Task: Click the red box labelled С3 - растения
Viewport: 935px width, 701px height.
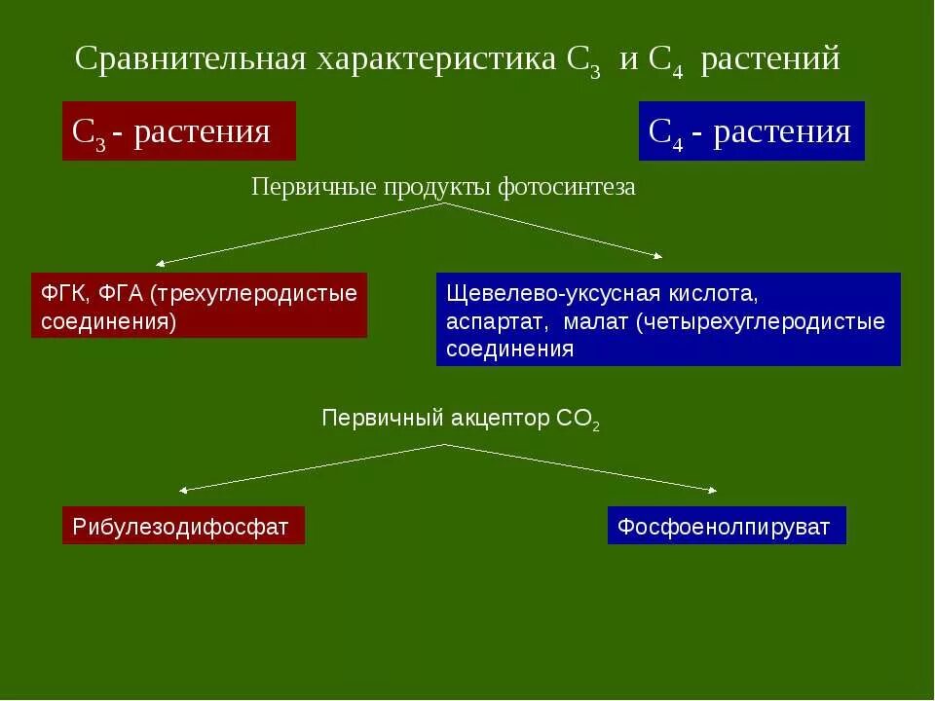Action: pyautogui.click(x=178, y=131)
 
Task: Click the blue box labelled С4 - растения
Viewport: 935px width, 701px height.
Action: pyautogui.click(x=751, y=131)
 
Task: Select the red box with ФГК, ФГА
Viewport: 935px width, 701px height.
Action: pyautogui.click(x=199, y=306)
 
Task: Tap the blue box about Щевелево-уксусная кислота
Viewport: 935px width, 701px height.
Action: pyautogui.click(x=668, y=319)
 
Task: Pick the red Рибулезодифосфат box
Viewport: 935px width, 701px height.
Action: pyautogui.click(x=183, y=526)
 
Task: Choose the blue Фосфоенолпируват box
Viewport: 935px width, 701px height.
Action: pyautogui.click(x=727, y=526)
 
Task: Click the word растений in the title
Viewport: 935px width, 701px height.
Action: pyautogui.click(x=770, y=59)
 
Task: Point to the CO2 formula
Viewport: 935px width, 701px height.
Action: pyautogui.click(x=579, y=420)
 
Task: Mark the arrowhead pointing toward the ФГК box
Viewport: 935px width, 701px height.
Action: pyautogui.click(x=160, y=264)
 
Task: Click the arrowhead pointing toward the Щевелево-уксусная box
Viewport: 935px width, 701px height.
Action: pyautogui.click(x=658, y=257)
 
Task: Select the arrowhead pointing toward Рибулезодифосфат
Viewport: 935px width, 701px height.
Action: pyautogui.click(x=183, y=490)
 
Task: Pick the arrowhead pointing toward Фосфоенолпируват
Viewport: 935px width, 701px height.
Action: pyautogui.click(x=713, y=489)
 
